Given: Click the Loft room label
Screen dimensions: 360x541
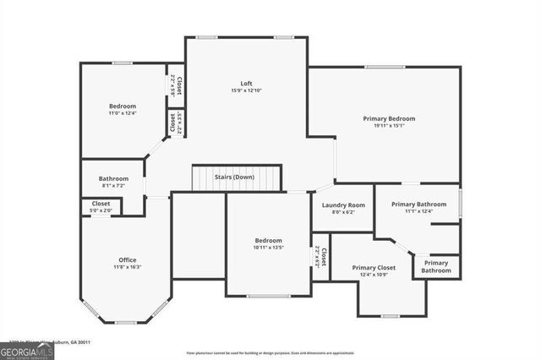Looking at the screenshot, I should (x=246, y=83).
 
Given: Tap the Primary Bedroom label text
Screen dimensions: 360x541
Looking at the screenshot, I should (x=389, y=119).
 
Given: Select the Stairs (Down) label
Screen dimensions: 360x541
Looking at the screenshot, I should (x=232, y=177).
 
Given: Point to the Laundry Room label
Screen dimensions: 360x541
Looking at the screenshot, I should (x=343, y=205).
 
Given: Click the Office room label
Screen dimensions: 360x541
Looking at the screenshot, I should (x=127, y=259).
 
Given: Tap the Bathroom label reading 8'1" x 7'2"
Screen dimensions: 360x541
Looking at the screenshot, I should (x=113, y=178).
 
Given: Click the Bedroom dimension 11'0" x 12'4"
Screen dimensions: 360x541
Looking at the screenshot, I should (x=122, y=112).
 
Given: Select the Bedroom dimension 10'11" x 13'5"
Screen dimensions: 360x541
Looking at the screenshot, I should (x=269, y=248).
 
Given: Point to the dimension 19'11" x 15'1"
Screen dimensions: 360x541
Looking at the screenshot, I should (x=389, y=127).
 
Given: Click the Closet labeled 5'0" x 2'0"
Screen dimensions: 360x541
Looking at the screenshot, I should (x=101, y=210).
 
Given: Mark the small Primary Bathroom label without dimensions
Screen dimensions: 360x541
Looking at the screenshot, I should (x=436, y=266).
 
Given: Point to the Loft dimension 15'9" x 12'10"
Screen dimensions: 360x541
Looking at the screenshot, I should (x=246, y=90).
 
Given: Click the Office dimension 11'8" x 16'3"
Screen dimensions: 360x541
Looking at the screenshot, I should (x=127, y=267).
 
